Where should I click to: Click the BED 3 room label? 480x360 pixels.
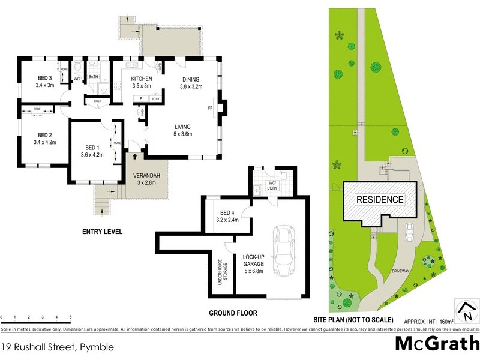tap(45, 79)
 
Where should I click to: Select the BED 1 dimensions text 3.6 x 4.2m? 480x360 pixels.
tap(92, 154)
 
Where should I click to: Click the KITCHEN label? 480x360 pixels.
tap(142, 79)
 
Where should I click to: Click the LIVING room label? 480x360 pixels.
tap(183, 127)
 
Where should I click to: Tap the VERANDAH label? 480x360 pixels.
tap(147, 176)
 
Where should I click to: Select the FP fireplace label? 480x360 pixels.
tap(211, 109)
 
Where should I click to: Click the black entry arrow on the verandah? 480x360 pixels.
tap(135, 158)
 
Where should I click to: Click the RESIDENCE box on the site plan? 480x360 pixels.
tap(380, 199)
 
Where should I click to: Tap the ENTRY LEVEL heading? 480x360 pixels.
tap(103, 230)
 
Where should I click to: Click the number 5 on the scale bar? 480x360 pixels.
tap(71, 317)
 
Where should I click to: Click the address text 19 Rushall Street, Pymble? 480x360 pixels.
tap(57, 347)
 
